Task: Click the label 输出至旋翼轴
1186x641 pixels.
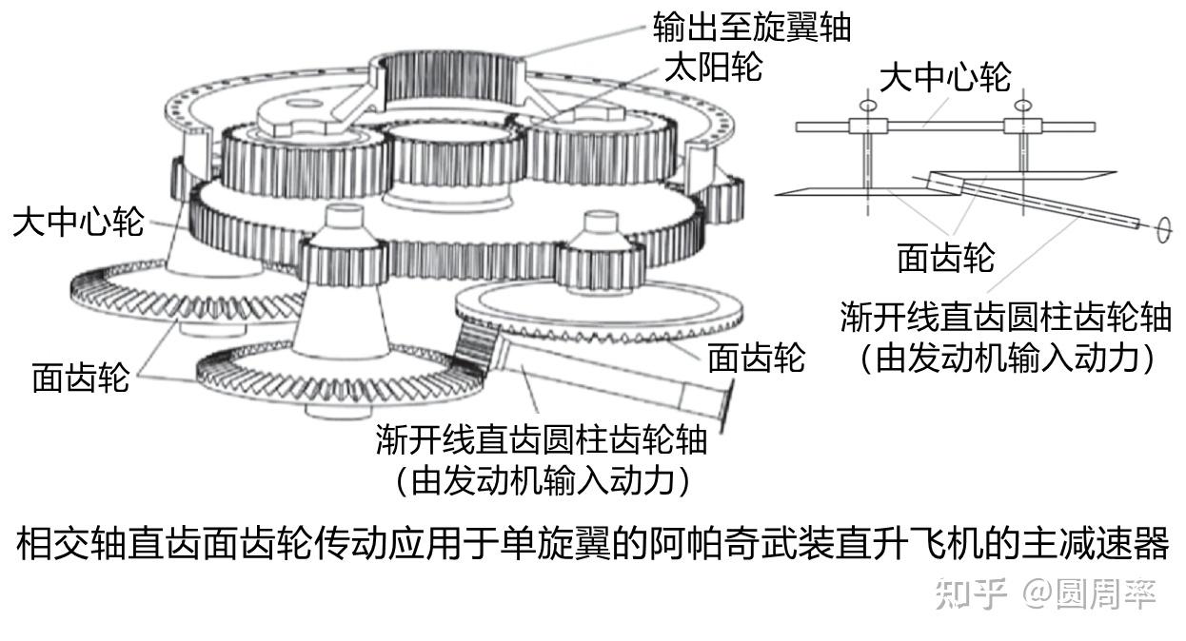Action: coord(751,27)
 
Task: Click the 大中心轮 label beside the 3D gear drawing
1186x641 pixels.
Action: coord(78,223)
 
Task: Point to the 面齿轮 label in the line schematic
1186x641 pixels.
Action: coord(945,258)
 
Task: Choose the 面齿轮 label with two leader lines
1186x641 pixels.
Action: coord(79,378)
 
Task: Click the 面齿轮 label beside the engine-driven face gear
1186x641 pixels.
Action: coord(756,358)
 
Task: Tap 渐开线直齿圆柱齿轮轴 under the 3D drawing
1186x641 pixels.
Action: coord(542,439)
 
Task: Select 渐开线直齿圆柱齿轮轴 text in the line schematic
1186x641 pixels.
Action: coord(1005,317)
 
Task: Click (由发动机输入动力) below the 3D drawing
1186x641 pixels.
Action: coord(542,480)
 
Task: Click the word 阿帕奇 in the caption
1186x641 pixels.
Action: coord(696,545)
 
